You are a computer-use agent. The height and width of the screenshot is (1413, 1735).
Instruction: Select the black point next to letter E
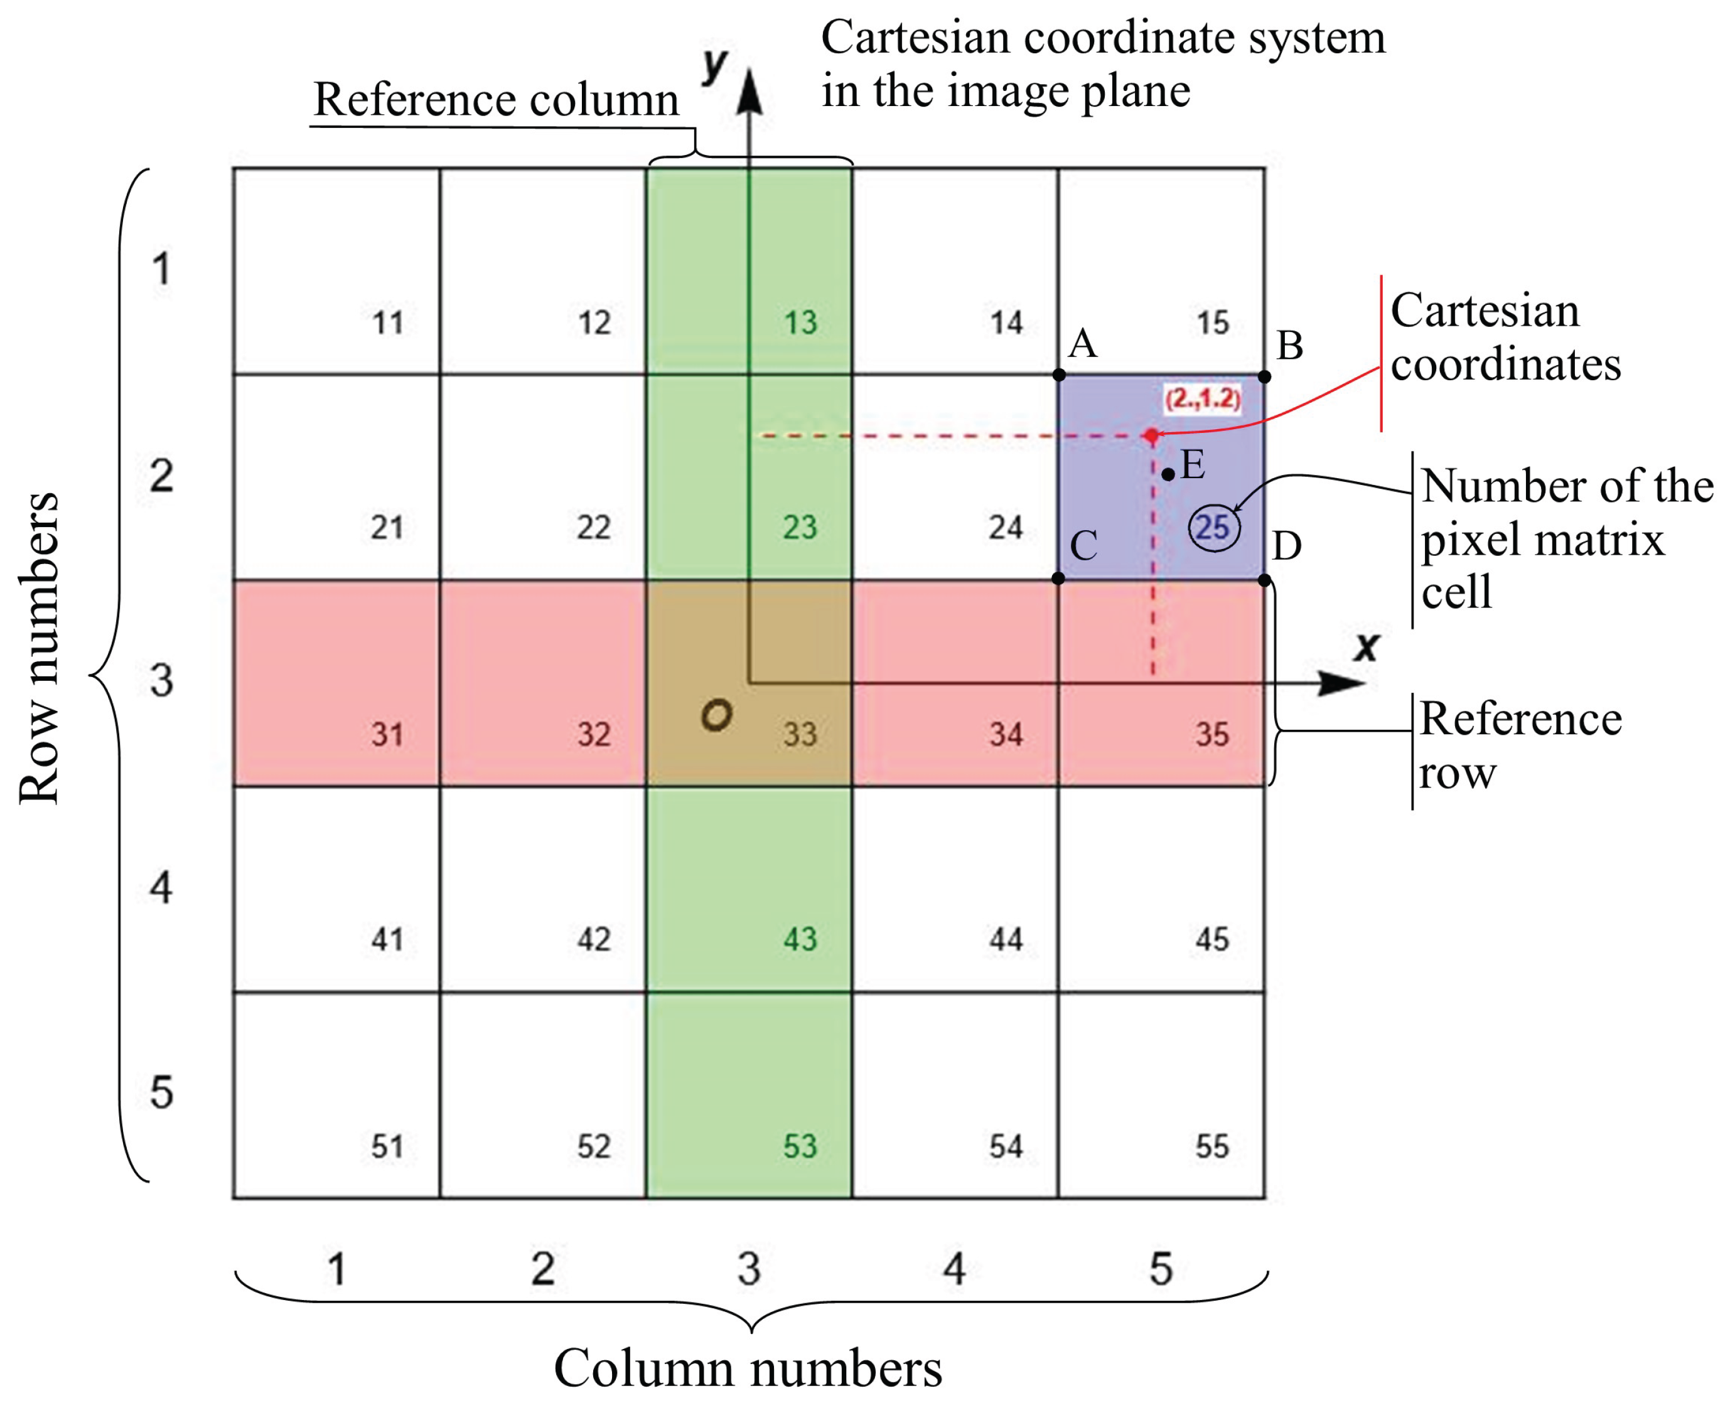[x=1168, y=474]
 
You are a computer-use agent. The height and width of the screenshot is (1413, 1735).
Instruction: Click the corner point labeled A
[x=1058, y=375]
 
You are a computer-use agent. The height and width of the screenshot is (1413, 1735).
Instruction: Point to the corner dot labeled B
[x=1264, y=376]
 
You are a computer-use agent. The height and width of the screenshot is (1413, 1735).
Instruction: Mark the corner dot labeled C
[x=1058, y=579]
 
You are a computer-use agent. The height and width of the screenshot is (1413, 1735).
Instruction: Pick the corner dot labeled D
[x=1264, y=580]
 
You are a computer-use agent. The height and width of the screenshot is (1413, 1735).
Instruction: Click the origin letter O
[x=716, y=715]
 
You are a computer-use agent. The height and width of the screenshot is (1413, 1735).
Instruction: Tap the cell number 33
[x=800, y=734]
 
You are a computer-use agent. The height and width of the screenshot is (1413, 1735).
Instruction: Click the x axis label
[x=1366, y=647]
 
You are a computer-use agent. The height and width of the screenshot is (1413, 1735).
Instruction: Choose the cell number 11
[x=387, y=323]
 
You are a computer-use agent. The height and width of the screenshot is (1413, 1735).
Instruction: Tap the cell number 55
[x=1211, y=1147]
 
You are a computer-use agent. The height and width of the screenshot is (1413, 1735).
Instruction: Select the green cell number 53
[x=800, y=1147]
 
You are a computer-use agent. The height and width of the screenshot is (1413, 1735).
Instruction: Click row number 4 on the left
[x=161, y=887]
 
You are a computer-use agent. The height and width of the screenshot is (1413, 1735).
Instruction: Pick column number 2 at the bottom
[x=543, y=1268]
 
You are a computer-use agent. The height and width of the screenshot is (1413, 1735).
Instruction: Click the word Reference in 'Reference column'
[x=414, y=100]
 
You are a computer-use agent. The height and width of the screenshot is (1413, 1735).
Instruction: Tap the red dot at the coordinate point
[x=1151, y=435]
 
